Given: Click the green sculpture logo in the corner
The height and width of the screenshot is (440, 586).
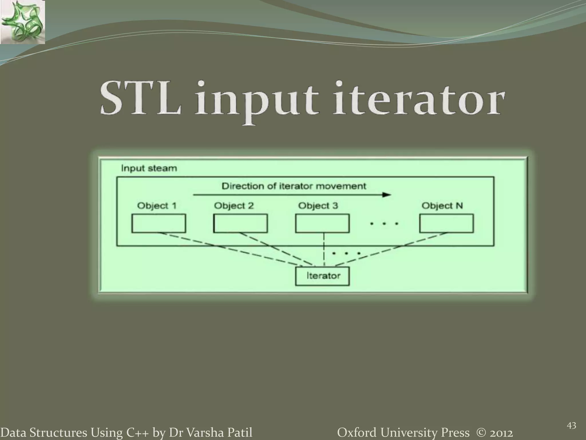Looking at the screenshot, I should click(22, 22).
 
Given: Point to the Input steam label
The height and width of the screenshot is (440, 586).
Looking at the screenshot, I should click(149, 168).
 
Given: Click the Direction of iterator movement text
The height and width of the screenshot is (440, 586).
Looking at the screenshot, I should click(294, 186).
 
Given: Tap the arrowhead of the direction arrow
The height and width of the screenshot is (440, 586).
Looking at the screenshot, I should click(387, 195).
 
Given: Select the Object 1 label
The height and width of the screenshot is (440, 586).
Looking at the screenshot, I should click(157, 206).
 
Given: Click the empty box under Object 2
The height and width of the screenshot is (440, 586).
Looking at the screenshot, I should click(240, 223).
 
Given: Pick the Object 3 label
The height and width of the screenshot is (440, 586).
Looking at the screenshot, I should click(318, 206).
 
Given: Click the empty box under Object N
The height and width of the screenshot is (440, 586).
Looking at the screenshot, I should click(446, 223).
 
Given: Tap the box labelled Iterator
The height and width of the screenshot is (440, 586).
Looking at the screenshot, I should click(322, 276).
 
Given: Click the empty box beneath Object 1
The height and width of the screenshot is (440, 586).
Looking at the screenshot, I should click(159, 223).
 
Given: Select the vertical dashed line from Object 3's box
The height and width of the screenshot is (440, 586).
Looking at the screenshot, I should click(324, 249).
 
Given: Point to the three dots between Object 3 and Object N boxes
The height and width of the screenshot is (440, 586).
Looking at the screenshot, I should click(384, 223).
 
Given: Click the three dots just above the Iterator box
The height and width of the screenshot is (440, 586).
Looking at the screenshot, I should click(346, 253).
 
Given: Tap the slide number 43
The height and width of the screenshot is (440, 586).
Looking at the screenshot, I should click(571, 426).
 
